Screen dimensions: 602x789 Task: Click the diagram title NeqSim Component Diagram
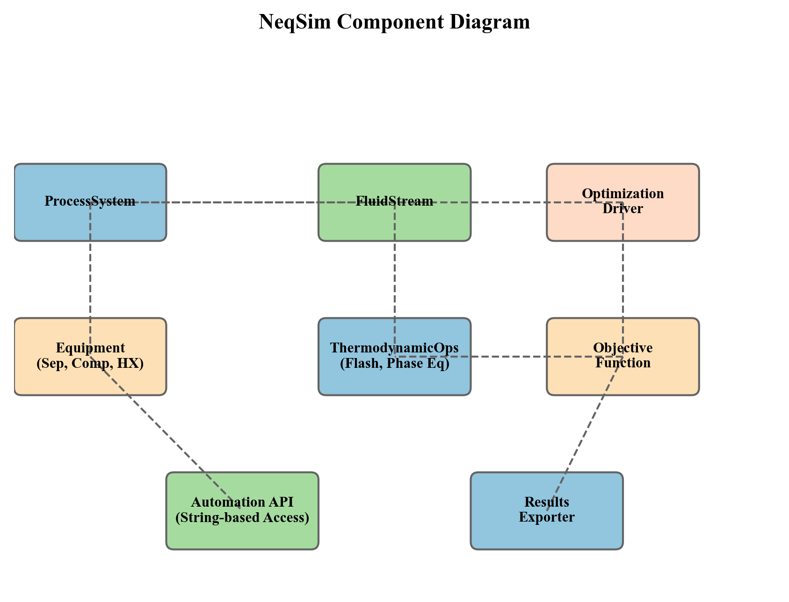(394, 22)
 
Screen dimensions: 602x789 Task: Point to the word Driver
(623, 209)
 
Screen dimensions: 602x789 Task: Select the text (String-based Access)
(242, 518)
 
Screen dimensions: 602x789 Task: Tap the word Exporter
(546, 517)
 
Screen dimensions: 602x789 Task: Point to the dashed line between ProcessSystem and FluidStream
(243, 202)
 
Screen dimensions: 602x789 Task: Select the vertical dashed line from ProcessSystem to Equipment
(90, 280)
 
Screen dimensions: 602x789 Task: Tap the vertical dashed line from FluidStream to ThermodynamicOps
(395, 280)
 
